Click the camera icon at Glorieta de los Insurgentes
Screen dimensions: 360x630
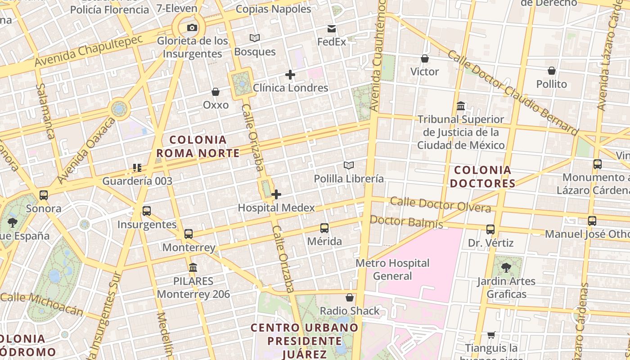[192, 28]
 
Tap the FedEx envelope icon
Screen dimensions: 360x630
[332, 29]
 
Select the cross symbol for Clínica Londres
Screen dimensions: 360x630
[290, 75]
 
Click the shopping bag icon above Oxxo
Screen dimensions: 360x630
[216, 92]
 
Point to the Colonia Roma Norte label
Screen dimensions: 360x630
[198, 146]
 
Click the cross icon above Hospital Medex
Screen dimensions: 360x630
[276, 194]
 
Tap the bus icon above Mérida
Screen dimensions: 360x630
[324, 228]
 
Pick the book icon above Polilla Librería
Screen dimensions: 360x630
[349, 166]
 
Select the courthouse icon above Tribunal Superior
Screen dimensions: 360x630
[461, 106]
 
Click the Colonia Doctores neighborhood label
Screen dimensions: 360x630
[482, 177]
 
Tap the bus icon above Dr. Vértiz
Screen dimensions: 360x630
[490, 229]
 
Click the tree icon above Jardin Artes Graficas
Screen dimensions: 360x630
[506, 268]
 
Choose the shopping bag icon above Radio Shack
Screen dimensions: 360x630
[350, 297]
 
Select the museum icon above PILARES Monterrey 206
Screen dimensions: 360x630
[193, 268]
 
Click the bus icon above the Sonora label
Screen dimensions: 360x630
[44, 195]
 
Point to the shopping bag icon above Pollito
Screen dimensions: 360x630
[552, 71]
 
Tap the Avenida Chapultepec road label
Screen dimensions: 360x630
[89, 50]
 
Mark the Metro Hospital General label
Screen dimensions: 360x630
[393, 269]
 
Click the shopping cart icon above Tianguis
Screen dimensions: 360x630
[491, 335]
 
